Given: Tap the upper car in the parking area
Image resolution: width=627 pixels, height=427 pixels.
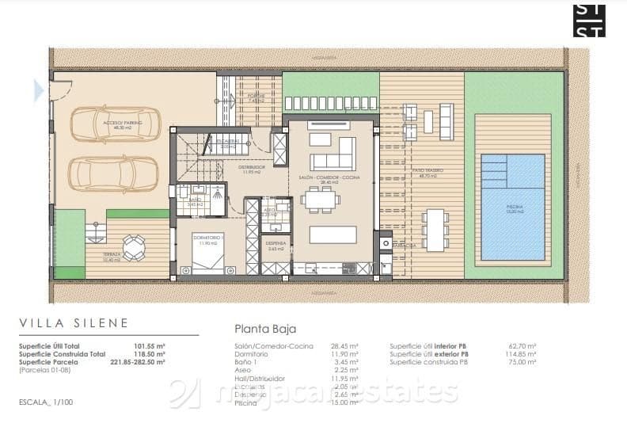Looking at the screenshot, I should click(x=116, y=124).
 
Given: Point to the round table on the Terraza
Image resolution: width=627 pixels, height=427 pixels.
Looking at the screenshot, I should click(x=135, y=248).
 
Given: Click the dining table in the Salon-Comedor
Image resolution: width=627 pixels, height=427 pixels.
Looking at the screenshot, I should click(x=321, y=200).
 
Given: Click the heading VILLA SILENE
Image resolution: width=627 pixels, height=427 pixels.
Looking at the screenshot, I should click(x=73, y=323).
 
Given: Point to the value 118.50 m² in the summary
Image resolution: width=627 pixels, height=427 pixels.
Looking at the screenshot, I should click(x=149, y=354).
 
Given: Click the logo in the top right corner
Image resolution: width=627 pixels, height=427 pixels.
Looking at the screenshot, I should click(x=589, y=21).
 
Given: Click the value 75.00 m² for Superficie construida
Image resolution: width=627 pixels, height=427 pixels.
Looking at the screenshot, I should click(x=522, y=362).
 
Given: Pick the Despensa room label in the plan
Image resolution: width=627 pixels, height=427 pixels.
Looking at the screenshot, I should click(x=275, y=245).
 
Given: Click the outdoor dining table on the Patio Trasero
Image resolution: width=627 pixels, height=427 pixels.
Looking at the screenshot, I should click(x=434, y=231).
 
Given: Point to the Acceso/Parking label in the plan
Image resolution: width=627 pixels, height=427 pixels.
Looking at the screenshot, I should click(x=117, y=112).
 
